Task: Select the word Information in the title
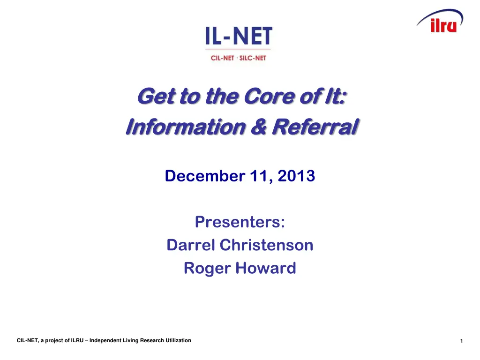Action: (185, 127)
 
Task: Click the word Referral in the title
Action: (315, 127)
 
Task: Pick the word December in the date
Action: (204, 176)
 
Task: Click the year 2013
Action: (296, 176)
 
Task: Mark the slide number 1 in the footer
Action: (461, 341)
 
